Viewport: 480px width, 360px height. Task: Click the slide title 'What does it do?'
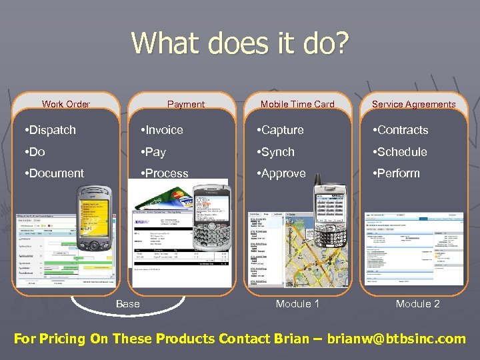tap(240, 43)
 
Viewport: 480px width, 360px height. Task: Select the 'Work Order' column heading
tap(66, 104)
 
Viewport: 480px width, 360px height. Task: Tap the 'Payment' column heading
tap(186, 104)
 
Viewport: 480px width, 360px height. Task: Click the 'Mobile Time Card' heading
tap(297, 104)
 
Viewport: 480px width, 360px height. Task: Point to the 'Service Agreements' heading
tap(413, 104)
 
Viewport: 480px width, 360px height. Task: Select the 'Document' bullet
tap(53, 173)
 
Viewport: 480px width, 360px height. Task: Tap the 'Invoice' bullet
tap(161, 130)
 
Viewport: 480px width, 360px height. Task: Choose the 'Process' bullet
tap(164, 173)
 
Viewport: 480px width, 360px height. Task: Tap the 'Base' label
tap(128, 304)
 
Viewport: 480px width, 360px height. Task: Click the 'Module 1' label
tap(297, 304)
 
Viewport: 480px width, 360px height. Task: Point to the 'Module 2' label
tap(417, 304)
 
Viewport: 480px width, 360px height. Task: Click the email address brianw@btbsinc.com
tap(396, 339)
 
